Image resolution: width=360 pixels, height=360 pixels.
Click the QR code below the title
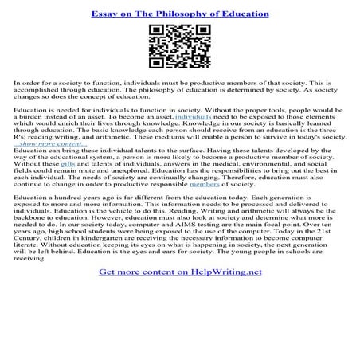point(179,49)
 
